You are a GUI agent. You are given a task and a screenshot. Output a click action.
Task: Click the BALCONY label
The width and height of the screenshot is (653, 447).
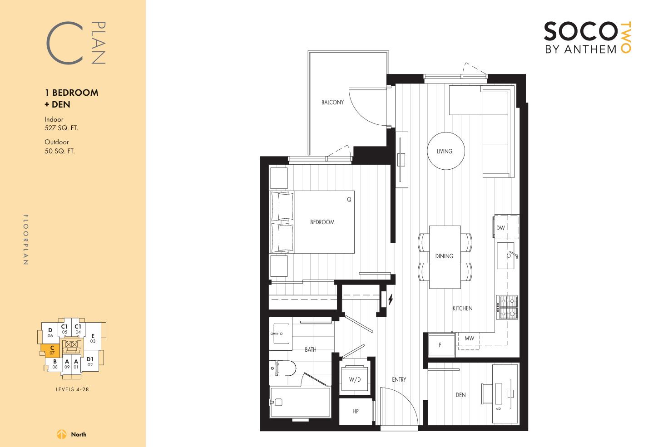pos(332,102)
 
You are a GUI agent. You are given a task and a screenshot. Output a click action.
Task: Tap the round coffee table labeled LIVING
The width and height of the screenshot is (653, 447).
pos(446,151)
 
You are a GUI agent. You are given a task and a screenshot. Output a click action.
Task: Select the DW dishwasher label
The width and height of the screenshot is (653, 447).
pos(500,228)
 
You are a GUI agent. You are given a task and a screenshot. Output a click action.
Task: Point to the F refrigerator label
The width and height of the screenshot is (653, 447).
pos(440,345)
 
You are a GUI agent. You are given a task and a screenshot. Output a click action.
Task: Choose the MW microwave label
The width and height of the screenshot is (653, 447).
pos(469,338)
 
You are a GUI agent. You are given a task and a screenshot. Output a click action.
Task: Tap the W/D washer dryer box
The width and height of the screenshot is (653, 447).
pos(355,378)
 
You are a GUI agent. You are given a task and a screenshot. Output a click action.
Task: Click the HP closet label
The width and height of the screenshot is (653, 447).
pos(356,411)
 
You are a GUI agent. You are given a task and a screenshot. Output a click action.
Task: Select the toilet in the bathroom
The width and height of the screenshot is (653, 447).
pos(282,368)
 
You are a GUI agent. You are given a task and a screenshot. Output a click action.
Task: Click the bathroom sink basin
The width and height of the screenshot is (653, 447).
pos(281,334)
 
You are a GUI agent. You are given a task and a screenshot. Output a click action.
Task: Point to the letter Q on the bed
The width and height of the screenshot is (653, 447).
pos(349,199)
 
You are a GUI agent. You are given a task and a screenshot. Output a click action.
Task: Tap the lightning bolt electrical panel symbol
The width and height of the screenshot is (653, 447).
pos(391,299)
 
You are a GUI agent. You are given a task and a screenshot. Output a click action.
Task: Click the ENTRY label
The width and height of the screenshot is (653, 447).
pos(399,379)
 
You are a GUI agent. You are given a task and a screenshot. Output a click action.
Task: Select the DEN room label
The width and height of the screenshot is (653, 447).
pos(460,395)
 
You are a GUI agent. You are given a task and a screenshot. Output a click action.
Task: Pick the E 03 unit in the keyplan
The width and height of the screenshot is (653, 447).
pos(93,338)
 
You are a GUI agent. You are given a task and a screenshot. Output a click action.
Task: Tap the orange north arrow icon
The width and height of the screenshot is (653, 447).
pos(61,434)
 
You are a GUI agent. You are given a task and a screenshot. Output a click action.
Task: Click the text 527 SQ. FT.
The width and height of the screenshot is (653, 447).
pos(61,128)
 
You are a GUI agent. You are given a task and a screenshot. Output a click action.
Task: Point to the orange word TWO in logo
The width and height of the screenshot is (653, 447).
pos(626,37)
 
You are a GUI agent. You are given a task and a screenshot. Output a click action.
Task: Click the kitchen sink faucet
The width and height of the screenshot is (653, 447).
pos(513,255)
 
